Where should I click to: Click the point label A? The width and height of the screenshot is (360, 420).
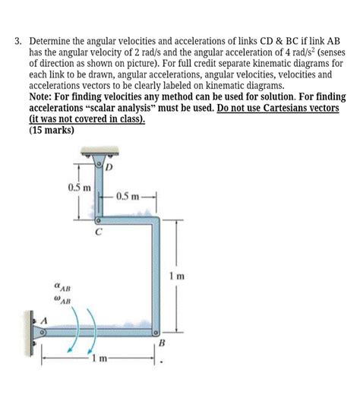click(x=43, y=321)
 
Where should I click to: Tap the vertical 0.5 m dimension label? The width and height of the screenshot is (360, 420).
click(x=79, y=188)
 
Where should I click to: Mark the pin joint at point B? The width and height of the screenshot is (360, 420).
click(x=155, y=332)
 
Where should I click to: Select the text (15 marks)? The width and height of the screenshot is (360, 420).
click(x=50, y=131)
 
